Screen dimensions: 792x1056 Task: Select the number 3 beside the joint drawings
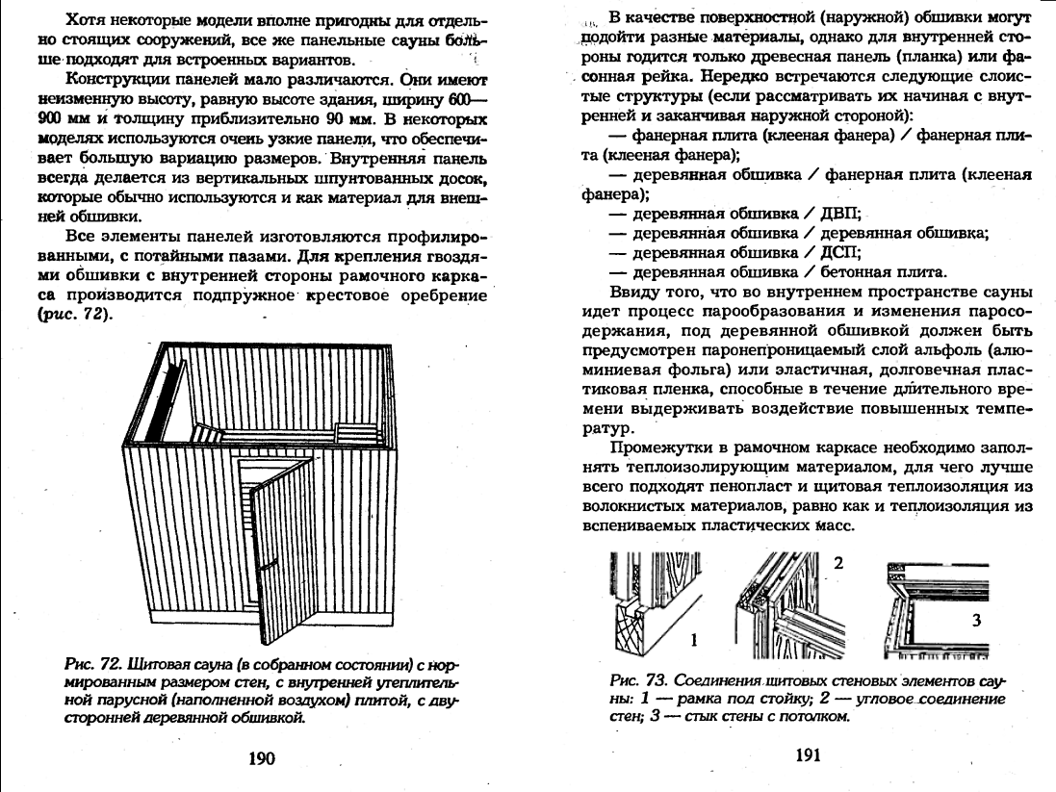pos(976,621)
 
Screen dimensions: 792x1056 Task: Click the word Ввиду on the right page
pos(631,292)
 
